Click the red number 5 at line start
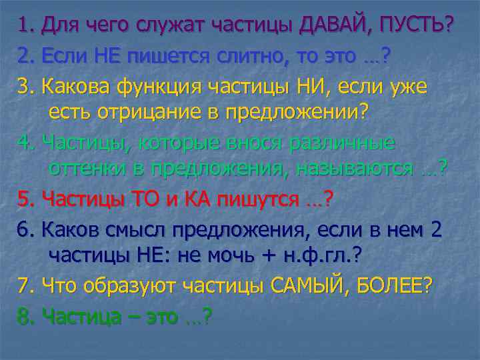coord(24,199)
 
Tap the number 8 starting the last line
coord(24,316)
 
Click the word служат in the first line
coord(169,25)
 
